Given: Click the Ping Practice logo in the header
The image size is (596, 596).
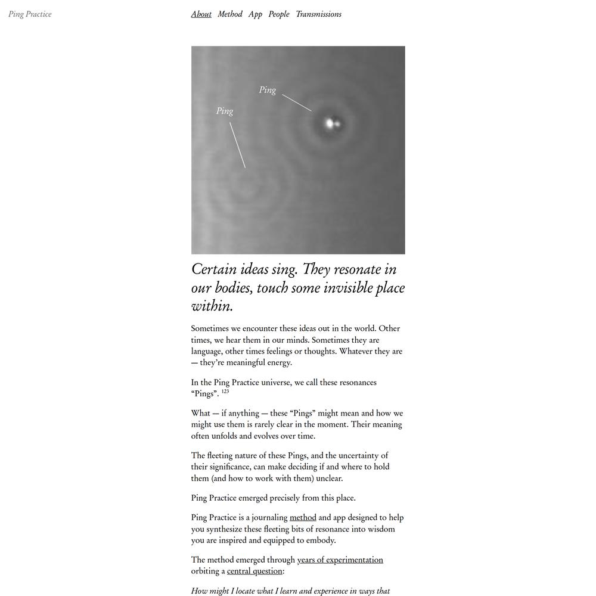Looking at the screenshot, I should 30,14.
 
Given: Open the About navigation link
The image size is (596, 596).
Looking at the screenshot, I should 201,14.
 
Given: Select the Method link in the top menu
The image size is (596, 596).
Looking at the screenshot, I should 230,14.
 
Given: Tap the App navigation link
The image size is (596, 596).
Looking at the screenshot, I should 255,14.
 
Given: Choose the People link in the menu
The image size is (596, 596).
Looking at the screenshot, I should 279,14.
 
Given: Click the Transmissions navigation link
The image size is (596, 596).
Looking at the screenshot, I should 318,14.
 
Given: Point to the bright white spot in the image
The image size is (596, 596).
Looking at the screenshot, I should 330,124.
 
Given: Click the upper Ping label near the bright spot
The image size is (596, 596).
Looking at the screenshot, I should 268,90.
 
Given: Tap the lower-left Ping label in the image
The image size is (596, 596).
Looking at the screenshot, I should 225,111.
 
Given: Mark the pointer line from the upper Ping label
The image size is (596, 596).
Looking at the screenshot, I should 297,103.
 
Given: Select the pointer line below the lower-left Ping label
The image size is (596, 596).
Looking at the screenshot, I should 237,145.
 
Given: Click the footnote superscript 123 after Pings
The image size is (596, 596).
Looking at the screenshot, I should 225,392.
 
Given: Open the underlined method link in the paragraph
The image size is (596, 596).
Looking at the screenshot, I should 303,517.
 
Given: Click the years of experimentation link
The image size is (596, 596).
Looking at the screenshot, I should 340,560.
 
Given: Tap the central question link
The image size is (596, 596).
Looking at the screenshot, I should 254,571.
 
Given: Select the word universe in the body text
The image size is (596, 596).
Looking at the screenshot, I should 277,382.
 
